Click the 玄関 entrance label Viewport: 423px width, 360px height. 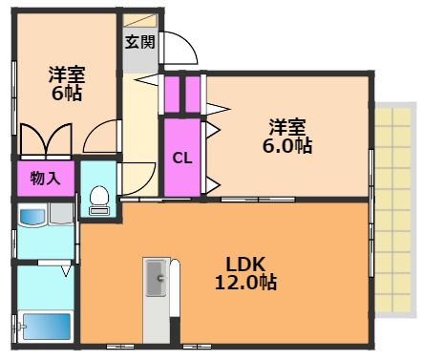click(139, 43)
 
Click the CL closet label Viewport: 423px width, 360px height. click(181, 159)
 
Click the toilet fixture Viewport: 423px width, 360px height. click(96, 197)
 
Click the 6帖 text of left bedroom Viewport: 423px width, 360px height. click(66, 93)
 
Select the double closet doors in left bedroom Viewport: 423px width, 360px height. click(45, 141)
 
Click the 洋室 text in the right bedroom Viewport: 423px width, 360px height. click(287, 126)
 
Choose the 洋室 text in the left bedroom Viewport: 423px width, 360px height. click(67, 73)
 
